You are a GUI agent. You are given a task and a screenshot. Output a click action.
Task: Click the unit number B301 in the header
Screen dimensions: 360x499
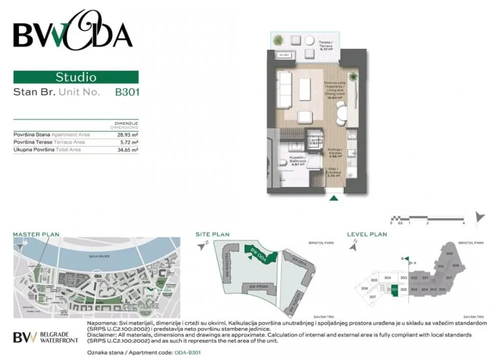(127, 92)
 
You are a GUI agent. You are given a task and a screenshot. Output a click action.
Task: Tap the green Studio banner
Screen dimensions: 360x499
(76, 77)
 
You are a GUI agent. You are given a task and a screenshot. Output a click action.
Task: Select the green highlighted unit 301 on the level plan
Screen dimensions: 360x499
(395, 290)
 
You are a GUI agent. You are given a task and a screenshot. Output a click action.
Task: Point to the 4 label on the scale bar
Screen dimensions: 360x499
(464, 223)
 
